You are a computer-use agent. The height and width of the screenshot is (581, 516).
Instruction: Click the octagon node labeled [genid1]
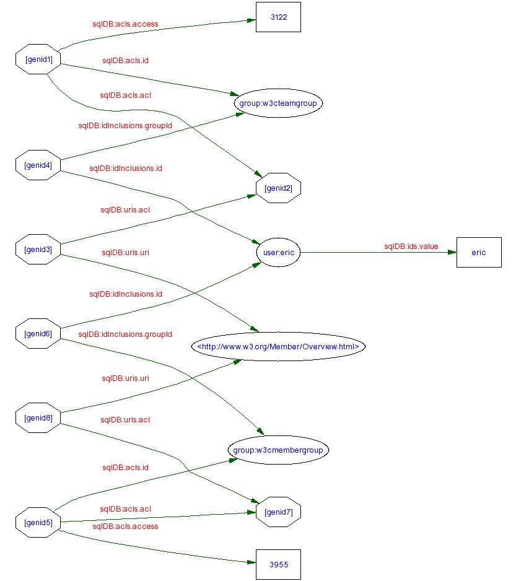pyautogui.click(x=38, y=59)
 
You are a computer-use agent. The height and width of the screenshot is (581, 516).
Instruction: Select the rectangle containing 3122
pyautogui.click(x=278, y=17)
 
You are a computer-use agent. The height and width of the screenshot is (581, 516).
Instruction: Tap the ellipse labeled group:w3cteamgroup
pyautogui.click(x=278, y=103)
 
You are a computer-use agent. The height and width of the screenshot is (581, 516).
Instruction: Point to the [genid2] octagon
pyautogui.click(x=278, y=188)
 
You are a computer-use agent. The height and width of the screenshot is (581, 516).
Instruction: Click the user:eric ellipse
pyautogui.click(x=278, y=253)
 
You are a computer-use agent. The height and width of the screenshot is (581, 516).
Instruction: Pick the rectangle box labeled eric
pyautogui.click(x=479, y=253)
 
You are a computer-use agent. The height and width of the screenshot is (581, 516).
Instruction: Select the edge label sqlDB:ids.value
pyautogui.click(x=411, y=247)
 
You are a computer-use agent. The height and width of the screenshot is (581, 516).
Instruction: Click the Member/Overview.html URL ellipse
pyautogui.click(x=278, y=346)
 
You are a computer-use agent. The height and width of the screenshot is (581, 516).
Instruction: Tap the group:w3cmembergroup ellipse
pyautogui.click(x=278, y=450)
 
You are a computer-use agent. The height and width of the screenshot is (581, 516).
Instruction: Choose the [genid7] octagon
pyautogui.click(x=278, y=512)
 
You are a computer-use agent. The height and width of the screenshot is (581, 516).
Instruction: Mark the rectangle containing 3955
pyautogui.click(x=278, y=564)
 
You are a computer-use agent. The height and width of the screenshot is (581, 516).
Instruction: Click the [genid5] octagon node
pyautogui.click(x=38, y=522)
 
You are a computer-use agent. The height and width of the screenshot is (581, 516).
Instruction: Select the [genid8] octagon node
pyautogui.click(x=38, y=417)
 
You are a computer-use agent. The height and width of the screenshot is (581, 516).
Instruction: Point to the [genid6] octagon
pyautogui.click(x=38, y=334)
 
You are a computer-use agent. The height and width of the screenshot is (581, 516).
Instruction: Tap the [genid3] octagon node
pyautogui.click(x=38, y=250)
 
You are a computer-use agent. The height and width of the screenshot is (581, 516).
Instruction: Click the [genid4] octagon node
pyautogui.click(x=38, y=165)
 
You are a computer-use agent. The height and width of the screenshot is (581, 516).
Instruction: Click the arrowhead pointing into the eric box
pyautogui.click(x=452, y=253)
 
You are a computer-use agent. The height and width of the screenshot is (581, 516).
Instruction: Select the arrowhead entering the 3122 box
pyautogui.click(x=251, y=20)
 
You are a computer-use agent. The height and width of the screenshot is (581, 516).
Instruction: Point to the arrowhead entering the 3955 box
pyautogui.click(x=251, y=562)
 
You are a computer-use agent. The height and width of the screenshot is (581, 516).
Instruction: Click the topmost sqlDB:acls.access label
pyautogui.click(x=125, y=24)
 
